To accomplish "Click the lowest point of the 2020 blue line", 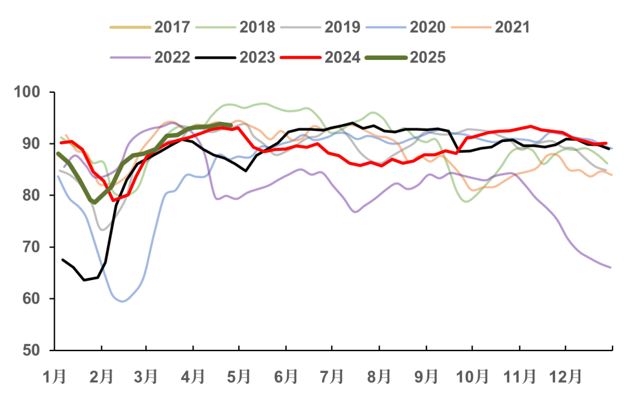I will (x=122, y=301).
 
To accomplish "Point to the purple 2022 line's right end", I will (x=611, y=268).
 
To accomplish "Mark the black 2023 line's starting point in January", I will (x=62, y=259).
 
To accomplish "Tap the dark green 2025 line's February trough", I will (x=94, y=202).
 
